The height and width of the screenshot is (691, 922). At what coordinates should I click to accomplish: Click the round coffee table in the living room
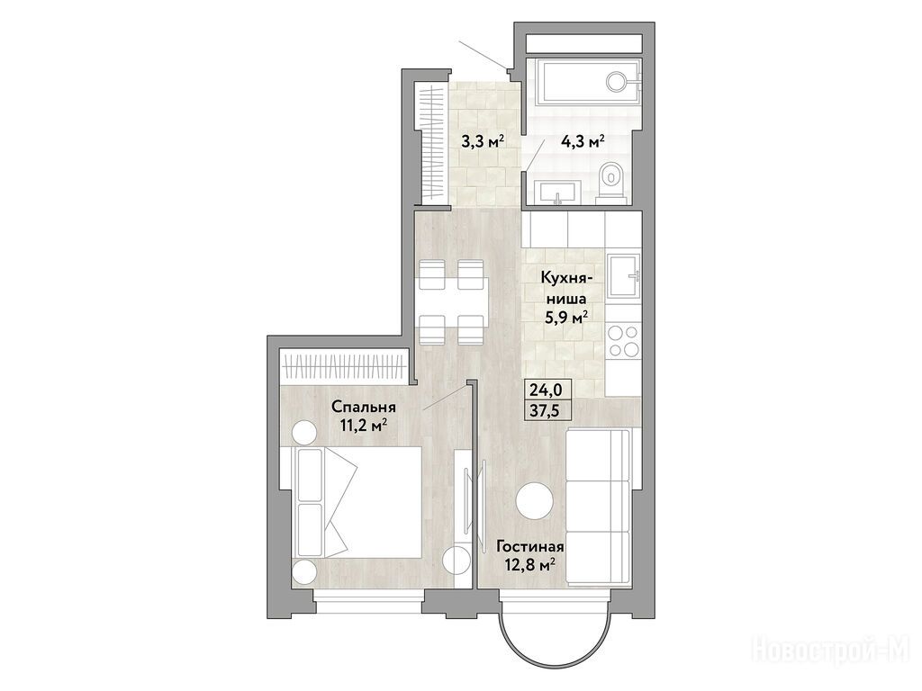click(534, 500)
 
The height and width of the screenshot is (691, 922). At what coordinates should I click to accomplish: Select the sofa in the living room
click(598, 507)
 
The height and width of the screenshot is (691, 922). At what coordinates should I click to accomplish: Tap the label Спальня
click(364, 407)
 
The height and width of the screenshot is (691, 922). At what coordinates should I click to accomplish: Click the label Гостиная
click(530, 547)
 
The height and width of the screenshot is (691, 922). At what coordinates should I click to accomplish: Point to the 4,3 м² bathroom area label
click(582, 142)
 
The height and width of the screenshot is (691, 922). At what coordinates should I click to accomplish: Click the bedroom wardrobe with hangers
click(344, 365)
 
